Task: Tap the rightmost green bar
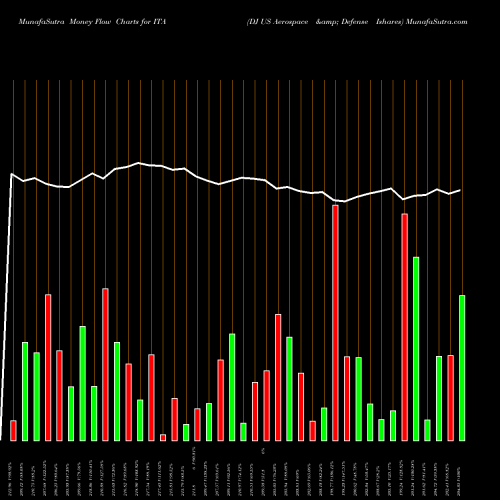tap(462, 367)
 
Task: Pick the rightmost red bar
tap(450, 397)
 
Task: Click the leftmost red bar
tap(13, 430)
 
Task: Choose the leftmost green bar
tap(25, 391)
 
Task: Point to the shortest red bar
tap(163, 437)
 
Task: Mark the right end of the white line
tap(460, 190)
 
